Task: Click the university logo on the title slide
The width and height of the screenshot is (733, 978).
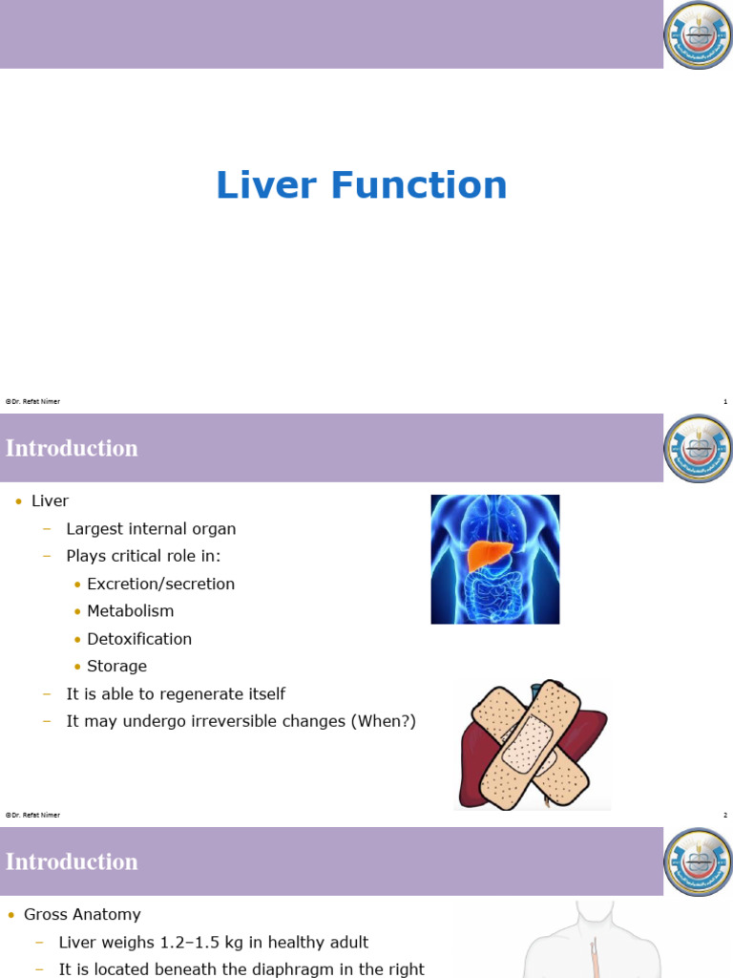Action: tap(698, 35)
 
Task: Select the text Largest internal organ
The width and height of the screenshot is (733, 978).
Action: tap(151, 529)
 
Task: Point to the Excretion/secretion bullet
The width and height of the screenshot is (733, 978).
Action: tap(160, 585)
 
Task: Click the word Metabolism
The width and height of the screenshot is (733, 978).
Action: tap(131, 611)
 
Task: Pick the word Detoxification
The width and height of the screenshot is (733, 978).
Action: tap(139, 639)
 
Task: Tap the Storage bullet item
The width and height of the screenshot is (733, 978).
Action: tap(116, 667)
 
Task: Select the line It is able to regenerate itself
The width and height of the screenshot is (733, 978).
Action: tap(176, 694)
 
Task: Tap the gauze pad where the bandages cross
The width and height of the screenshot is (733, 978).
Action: tap(523, 744)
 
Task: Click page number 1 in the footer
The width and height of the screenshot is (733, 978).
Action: tap(725, 402)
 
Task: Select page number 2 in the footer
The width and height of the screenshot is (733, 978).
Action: tap(725, 816)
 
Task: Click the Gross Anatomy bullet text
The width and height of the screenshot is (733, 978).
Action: tap(82, 915)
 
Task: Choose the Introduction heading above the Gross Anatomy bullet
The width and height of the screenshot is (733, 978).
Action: tap(72, 861)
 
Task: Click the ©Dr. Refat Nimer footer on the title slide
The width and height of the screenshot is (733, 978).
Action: tap(32, 402)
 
